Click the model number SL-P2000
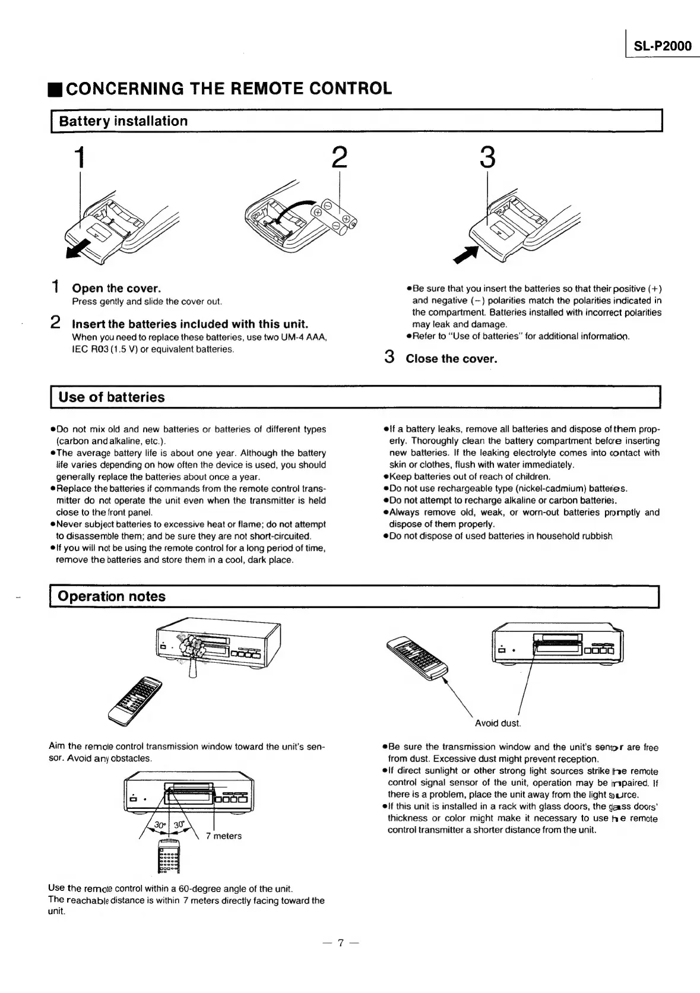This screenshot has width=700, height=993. (x=662, y=46)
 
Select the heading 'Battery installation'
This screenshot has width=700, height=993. (x=123, y=121)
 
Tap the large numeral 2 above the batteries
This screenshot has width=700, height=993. (x=338, y=157)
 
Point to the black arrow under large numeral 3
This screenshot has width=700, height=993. (x=466, y=254)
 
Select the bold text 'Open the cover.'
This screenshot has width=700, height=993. (x=116, y=289)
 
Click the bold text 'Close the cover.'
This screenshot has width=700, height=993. (x=451, y=359)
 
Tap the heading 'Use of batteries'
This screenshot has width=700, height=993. (x=112, y=397)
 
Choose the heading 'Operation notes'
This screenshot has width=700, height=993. (x=112, y=596)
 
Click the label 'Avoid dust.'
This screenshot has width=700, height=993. (x=498, y=723)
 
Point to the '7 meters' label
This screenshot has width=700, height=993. (x=224, y=836)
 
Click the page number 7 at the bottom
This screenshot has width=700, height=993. (x=340, y=943)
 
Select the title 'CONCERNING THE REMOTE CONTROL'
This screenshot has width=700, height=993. (x=229, y=88)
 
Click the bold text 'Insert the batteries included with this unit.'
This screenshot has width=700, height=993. (x=190, y=324)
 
